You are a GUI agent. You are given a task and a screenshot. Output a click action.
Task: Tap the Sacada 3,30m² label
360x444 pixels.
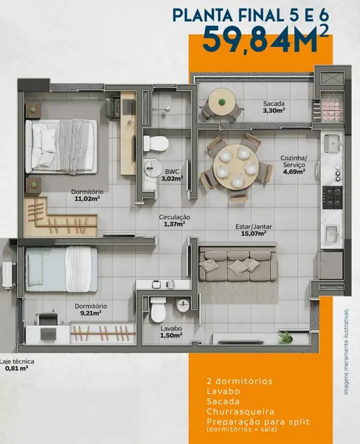(x=273, y=108)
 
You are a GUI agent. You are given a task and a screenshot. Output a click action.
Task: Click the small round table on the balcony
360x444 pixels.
(x=221, y=102)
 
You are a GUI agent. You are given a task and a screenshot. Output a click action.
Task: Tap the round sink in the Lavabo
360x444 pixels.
(x=183, y=305)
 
